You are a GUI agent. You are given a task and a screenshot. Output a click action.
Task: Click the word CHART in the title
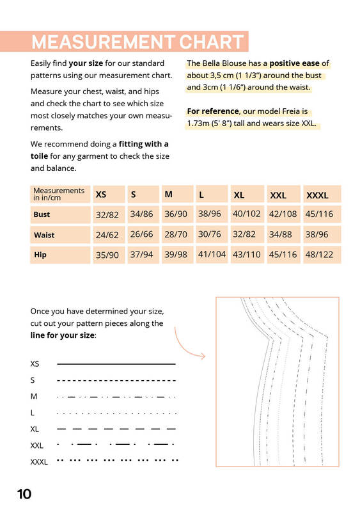click(x=211, y=42)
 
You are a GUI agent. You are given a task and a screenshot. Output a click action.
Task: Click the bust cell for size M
click(x=176, y=214)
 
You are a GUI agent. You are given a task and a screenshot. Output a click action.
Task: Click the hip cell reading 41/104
click(x=212, y=254)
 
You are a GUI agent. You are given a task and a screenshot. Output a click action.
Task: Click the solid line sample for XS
click(x=116, y=364)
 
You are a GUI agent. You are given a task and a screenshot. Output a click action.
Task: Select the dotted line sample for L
click(x=116, y=413)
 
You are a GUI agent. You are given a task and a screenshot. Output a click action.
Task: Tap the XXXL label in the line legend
click(x=39, y=462)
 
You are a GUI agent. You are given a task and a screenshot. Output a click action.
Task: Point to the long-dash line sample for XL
click(x=116, y=429)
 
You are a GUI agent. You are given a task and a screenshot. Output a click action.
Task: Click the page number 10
click(x=24, y=494)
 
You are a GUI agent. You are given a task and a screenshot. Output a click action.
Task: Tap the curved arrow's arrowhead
click(x=203, y=356)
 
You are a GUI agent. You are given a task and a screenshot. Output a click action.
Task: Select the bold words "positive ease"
click(x=294, y=63)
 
